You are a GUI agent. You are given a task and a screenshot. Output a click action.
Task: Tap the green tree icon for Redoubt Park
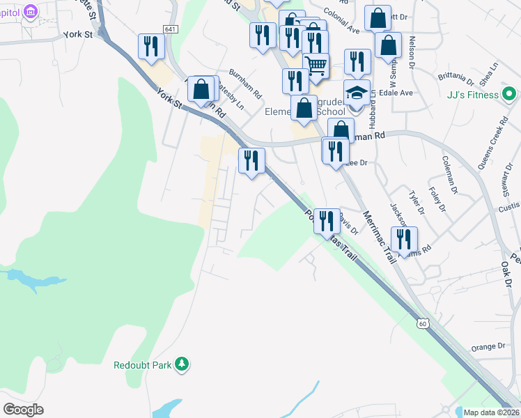pos(182,364)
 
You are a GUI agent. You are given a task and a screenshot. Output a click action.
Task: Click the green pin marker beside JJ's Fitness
pos(509,93)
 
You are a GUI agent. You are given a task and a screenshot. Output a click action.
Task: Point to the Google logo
pos(24,409)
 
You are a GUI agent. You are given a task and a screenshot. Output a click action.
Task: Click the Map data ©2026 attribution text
pos(491,412)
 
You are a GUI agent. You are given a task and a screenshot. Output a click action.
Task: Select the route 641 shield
pos(171,29)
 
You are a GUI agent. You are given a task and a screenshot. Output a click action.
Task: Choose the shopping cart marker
pos(317,66)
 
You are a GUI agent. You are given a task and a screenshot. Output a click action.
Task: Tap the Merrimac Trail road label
pos(379,238)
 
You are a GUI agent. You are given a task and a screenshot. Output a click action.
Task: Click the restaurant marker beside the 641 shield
pos(151,47)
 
